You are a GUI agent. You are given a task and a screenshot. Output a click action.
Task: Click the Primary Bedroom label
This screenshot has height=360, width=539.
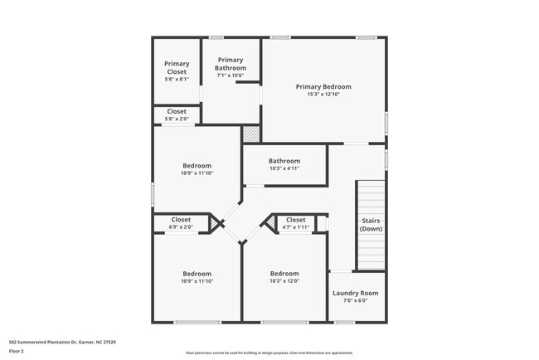pyautogui.click(x=323, y=86)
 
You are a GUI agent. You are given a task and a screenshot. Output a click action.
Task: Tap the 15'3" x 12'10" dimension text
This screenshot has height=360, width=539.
pyautogui.click(x=323, y=95)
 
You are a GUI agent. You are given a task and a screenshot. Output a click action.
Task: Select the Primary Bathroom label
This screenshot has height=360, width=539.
pyautogui.click(x=231, y=64)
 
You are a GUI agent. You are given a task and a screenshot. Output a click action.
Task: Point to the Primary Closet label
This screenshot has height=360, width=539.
pyautogui.click(x=176, y=68)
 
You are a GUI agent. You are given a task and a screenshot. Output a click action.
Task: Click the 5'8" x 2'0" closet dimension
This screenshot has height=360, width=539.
pyautogui.click(x=176, y=119)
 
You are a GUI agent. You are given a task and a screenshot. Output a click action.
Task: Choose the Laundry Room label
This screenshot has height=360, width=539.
pyautogui.click(x=355, y=293)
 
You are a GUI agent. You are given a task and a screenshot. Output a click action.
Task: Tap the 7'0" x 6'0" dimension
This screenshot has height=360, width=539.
pyautogui.click(x=355, y=301)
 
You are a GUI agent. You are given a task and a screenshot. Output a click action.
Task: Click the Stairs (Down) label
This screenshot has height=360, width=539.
pyautogui.click(x=371, y=224)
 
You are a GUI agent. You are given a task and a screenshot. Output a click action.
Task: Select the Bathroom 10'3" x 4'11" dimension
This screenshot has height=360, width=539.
pyautogui.click(x=284, y=168)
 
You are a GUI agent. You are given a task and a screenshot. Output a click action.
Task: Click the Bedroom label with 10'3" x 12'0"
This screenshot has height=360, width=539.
pyautogui.click(x=284, y=274)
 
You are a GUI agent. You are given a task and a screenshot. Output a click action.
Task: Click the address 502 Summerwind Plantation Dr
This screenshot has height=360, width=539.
pyautogui.click(x=62, y=342)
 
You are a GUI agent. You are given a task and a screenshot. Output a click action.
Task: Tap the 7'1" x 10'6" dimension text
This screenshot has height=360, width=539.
pyautogui.click(x=231, y=75)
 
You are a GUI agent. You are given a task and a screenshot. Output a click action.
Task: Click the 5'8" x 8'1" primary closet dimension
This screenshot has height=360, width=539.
pyautogui.click(x=176, y=80)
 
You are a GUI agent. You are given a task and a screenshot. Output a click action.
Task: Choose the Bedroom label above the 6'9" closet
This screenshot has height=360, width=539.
pyautogui.click(x=197, y=165)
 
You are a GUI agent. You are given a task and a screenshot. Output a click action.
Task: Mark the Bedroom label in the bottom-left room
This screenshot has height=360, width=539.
pyautogui.click(x=197, y=274)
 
